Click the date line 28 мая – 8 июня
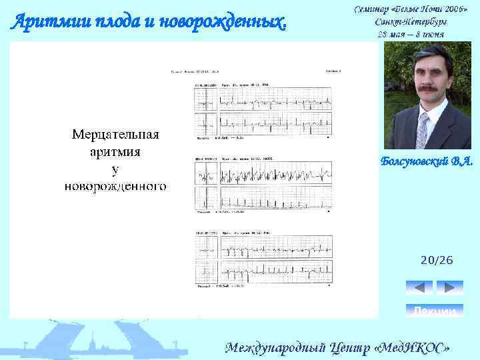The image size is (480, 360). tap(411, 33)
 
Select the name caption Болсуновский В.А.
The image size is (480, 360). tap(427, 161)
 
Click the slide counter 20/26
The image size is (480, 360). tap(437, 261)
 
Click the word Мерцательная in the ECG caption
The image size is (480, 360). tap(115, 135)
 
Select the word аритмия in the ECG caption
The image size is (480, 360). tap(115, 151)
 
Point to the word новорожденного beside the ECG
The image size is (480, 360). tap(115, 185)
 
